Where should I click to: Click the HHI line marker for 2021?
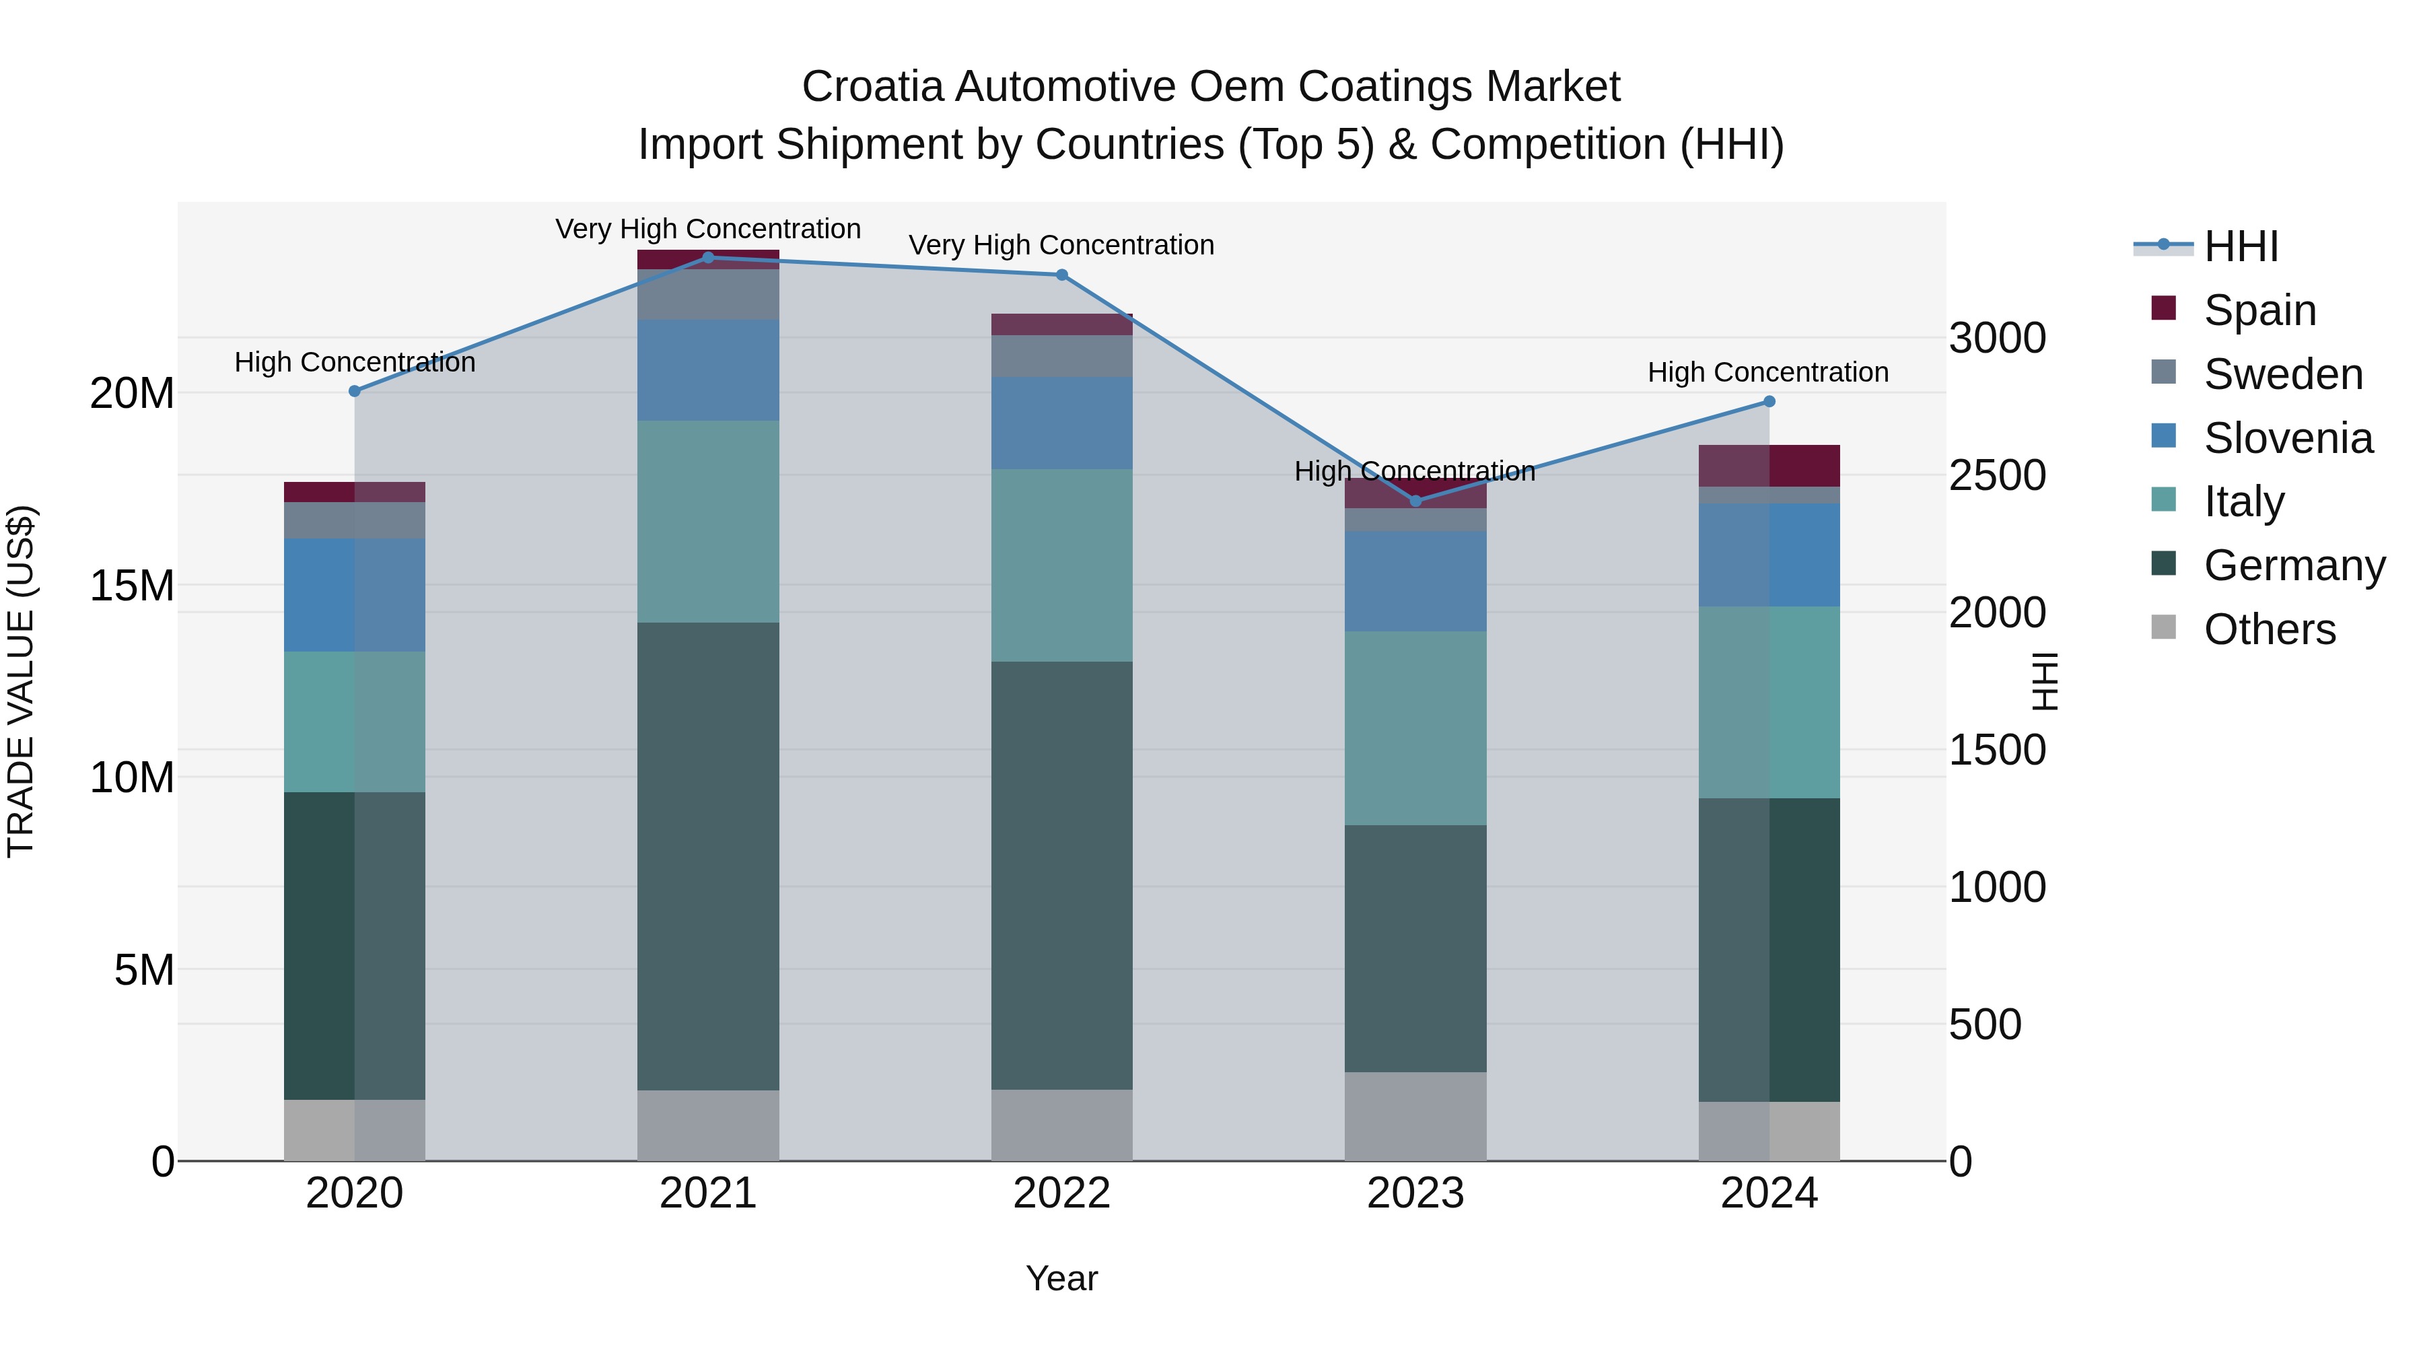pos(708,258)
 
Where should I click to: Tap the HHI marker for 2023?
pos(1415,501)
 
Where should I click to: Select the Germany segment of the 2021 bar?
pos(708,856)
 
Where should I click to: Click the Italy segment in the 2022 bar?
pos(1062,565)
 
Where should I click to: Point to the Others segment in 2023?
pos(1415,1117)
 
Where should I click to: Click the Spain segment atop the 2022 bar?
pos(1062,324)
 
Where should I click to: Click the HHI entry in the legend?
pos(2241,246)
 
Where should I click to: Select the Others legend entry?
pos(2269,629)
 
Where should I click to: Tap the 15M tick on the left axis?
pos(132,586)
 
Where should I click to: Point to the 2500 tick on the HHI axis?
pos(1997,475)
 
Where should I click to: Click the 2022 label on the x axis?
pos(1062,1193)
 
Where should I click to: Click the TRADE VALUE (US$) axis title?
pos(21,681)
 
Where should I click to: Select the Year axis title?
pos(1062,1278)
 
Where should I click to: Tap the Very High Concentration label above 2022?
pos(1062,246)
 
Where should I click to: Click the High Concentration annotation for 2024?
pos(1768,372)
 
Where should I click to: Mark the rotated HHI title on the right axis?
pos(2044,681)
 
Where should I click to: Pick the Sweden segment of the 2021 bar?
pos(708,294)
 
